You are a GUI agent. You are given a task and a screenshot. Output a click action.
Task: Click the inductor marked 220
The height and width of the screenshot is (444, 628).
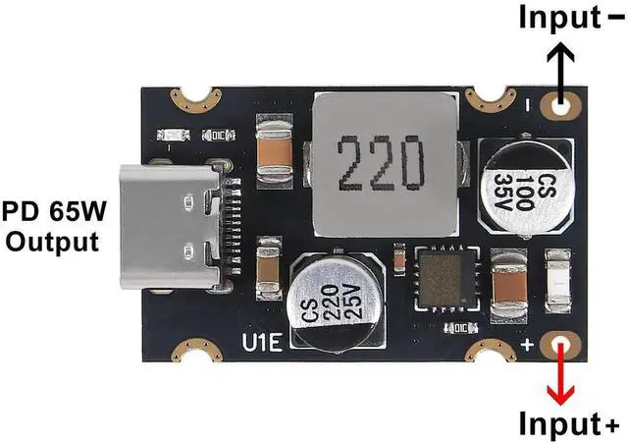(384, 166)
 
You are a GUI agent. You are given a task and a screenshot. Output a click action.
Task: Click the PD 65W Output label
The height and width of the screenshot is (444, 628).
(51, 226)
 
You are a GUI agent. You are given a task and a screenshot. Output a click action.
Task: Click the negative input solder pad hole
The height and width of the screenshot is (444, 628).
(562, 105)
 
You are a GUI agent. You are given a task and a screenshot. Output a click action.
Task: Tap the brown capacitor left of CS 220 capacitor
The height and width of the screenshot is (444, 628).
(268, 274)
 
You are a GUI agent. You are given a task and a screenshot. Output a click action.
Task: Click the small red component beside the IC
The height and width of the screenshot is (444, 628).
(399, 260)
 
